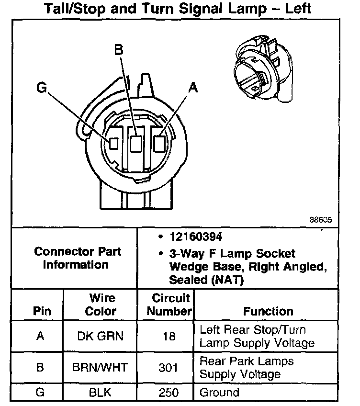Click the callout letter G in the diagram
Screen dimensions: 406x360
(x=42, y=88)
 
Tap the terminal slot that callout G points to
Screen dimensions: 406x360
(x=114, y=143)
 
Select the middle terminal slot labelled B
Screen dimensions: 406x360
(x=136, y=143)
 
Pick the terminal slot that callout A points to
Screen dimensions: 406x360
(x=160, y=143)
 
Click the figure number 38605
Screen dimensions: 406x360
(x=320, y=221)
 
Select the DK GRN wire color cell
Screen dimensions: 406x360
(x=100, y=336)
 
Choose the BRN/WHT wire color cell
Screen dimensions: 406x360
(x=100, y=368)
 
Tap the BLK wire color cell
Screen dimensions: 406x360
(x=100, y=393)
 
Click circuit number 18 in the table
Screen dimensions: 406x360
(x=169, y=336)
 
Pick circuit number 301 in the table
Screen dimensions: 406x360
(x=169, y=368)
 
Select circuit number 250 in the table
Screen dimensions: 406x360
(x=169, y=393)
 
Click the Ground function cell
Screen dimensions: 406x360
(x=219, y=393)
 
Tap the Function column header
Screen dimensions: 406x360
(x=268, y=312)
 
